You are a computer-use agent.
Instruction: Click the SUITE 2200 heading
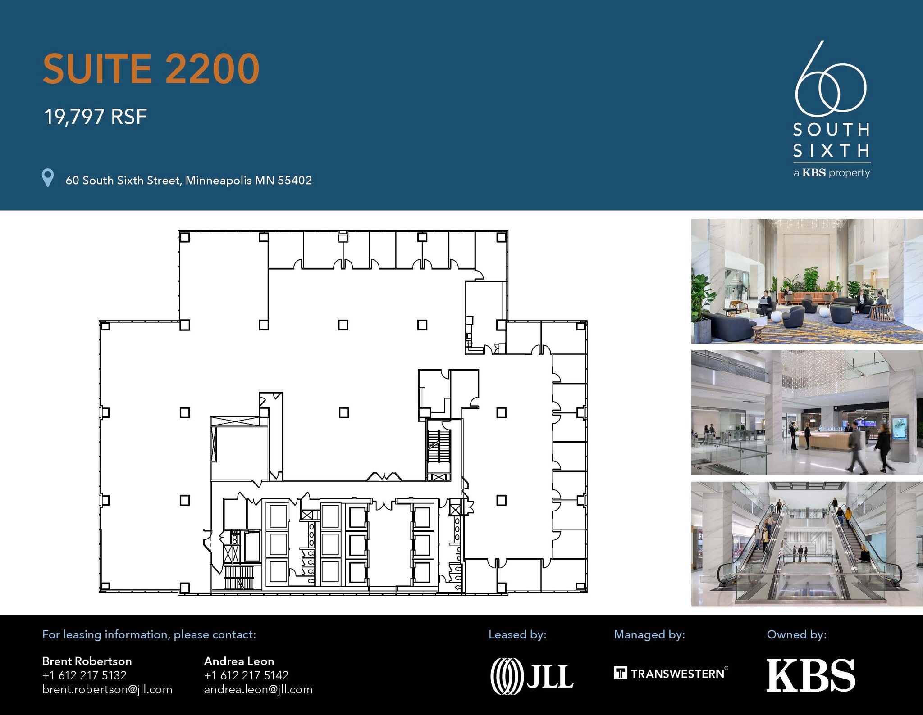[151, 68]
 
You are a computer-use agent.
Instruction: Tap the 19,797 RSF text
[96, 117]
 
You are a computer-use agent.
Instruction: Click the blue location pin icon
[48, 178]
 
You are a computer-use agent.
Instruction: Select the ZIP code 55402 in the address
[295, 180]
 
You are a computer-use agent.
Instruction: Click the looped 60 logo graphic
[830, 79]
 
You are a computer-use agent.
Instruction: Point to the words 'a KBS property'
[832, 173]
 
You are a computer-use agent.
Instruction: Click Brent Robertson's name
[87, 661]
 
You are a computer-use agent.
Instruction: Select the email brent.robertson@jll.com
[107, 689]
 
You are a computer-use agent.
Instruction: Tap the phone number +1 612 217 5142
[246, 675]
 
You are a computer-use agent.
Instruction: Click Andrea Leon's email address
[258, 689]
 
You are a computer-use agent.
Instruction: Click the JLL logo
[532, 676]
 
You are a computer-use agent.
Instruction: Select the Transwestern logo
[671, 673]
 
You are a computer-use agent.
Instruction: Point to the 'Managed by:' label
[649, 634]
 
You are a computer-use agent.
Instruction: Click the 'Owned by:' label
[797, 634]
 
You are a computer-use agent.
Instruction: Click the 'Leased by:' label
[517, 634]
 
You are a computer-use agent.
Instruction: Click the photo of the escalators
[807, 544]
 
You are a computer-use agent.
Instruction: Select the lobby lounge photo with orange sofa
[807, 281]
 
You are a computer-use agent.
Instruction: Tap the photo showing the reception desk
[807, 413]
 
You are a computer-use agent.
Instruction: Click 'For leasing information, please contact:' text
[149, 634]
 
